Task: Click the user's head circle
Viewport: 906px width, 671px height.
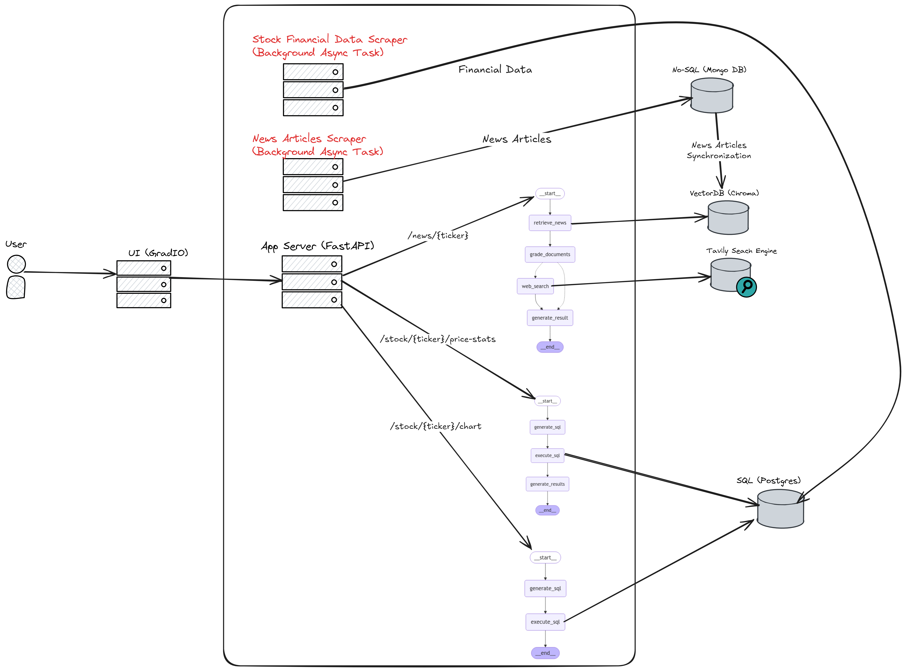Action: [16, 264]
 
